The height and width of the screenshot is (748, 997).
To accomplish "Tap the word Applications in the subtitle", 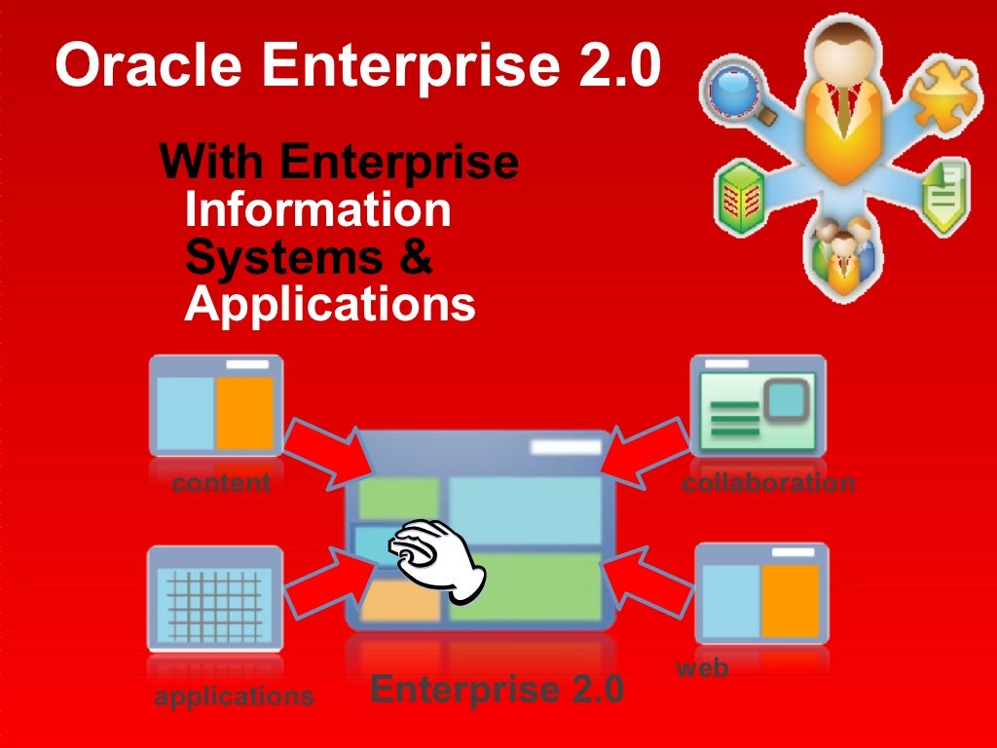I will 330,304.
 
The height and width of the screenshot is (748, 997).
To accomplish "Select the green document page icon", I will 943,200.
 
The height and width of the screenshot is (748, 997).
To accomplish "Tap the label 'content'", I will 221,482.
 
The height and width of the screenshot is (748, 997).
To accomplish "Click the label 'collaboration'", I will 768,482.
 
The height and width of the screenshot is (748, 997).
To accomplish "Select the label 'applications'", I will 234,696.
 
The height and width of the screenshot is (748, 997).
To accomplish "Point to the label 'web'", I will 702,668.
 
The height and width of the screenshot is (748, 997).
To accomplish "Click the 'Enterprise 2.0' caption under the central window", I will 497,690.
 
